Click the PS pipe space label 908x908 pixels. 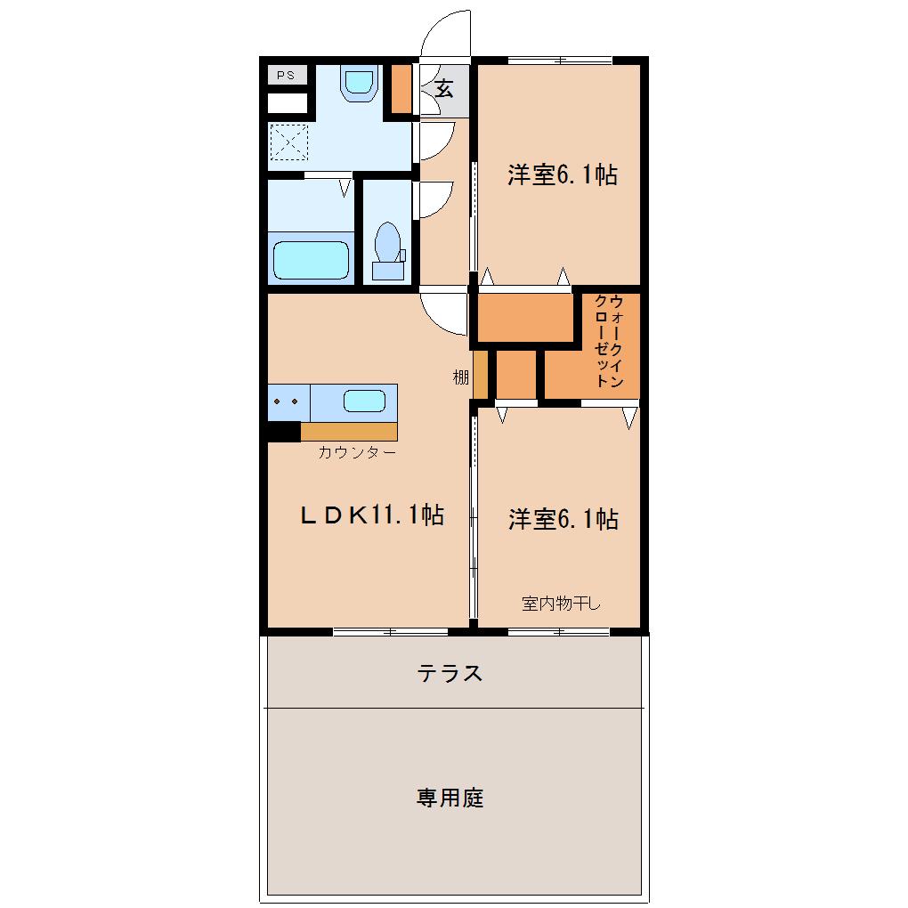(x=286, y=76)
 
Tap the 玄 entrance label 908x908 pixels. (x=444, y=89)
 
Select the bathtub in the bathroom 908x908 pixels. (x=311, y=260)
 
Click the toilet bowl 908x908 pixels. (x=387, y=242)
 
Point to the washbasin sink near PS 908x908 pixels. (x=359, y=83)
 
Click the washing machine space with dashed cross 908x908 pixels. (x=289, y=142)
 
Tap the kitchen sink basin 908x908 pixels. (x=364, y=401)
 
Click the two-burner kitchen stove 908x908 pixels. (x=288, y=402)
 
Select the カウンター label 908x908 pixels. (x=357, y=452)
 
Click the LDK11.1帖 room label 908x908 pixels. (x=372, y=515)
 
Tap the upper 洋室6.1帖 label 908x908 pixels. (x=563, y=174)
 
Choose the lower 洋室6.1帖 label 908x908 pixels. (x=563, y=519)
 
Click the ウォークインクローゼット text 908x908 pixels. (x=609, y=341)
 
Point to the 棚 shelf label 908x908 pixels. (x=460, y=377)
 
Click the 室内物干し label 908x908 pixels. (x=561, y=604)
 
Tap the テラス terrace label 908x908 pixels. (x=450, y=673)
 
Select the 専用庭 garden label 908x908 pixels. (x=450, y=798)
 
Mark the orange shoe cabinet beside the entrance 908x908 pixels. (x=401, y=89)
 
